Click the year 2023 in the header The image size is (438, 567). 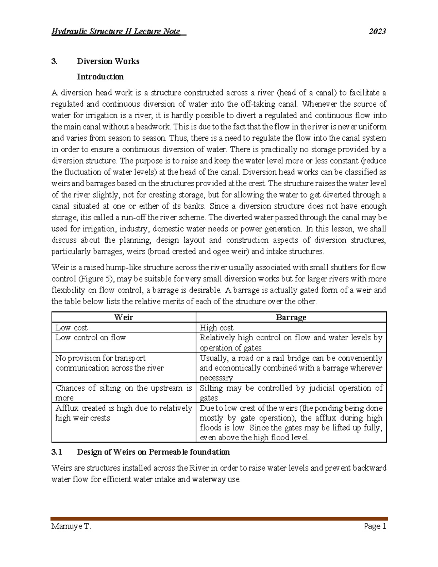pyautogui.click(x=377, y=31)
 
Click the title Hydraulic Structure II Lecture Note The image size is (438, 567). pyautogui.click(x=118, y=31)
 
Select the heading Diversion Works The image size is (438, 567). pyautogui.click(x=108, y=61)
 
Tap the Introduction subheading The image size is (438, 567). pyautogui.click(x=100, y=77)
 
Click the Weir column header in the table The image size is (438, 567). pyautogui.click(x=124, y=317)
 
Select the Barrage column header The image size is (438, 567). pyautogui.click(x=291, y=317)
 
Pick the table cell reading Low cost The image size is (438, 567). pyautogui.click(x=72, y=327)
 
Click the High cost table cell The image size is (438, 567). pyautogui.click(x=216, y=327)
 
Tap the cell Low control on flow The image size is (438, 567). pyautogui.click(x=91, y=338)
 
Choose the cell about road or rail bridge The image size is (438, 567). pyautogui.click(x=291, y=368)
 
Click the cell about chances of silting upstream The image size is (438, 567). pyautogui.click(x=123, y=392)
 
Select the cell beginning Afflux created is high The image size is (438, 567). pyautogui.click(x=123, y=413)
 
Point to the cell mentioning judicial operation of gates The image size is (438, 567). pyautogui.click(x=291, y=392)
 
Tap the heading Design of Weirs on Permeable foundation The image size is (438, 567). pyautogui.click(x=153, y=452)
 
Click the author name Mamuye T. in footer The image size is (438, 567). pyautogui.click(x=71, y=526)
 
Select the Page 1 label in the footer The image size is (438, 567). pyautogui.click(x=375, y=526)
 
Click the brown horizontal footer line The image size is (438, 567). pyautogui.click(x=219, y=518)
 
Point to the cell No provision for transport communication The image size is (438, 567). pyautogui.click(x=109, y=363)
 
